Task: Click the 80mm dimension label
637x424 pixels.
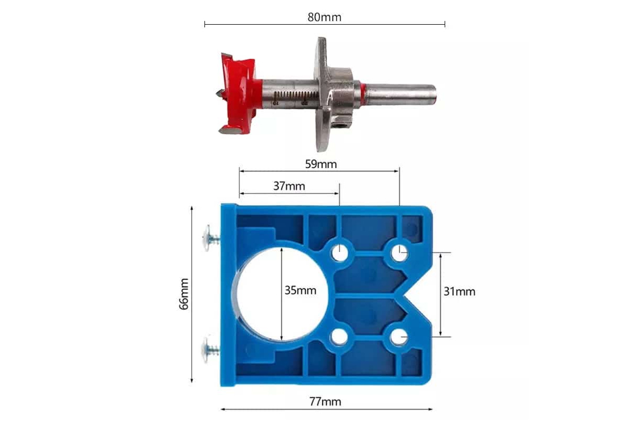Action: [324, 17]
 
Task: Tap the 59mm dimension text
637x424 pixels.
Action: [321, 164]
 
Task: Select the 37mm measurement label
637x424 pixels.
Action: [289, 186]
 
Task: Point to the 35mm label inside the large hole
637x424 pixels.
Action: [300, 290]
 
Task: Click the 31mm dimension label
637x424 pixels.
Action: [459, 291]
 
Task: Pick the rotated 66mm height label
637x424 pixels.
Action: [184, 294]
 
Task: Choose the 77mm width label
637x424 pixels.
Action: [325, 402]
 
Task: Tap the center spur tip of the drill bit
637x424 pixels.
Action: [218, 94]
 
